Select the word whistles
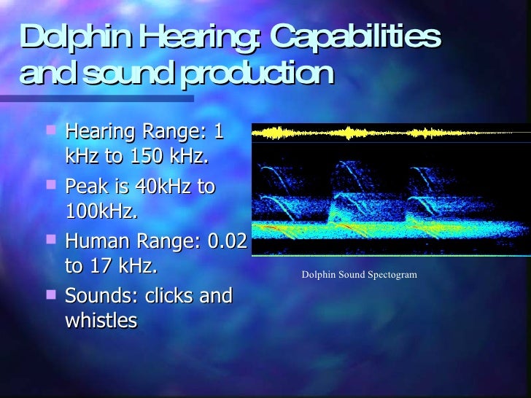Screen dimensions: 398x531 coord(101,321)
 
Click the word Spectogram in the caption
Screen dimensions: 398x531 coord(391,275)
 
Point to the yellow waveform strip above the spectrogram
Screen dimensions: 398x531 coord(391,133)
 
